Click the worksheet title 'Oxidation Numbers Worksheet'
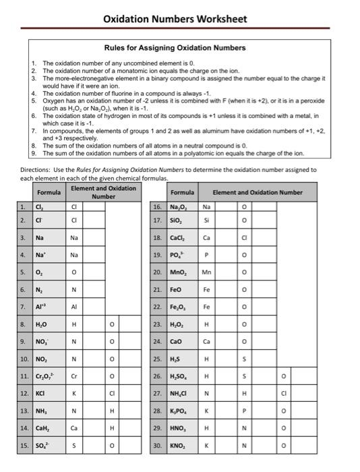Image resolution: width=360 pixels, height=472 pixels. [175, 19]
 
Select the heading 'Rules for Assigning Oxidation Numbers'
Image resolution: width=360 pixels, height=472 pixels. [175, 48]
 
